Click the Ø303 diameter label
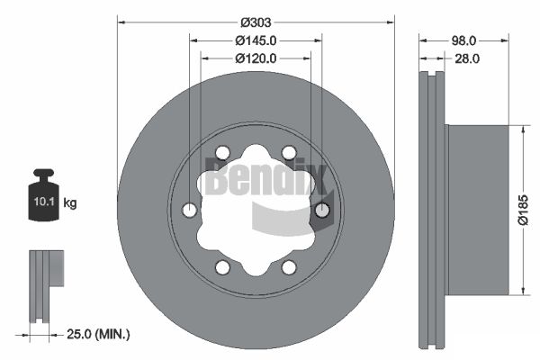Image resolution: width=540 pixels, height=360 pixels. pos(256,22)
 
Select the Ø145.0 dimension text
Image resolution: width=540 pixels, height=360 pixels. pos(256,40)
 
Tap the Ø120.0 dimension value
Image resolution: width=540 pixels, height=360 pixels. pos(256,58)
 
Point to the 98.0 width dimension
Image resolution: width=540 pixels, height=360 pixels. pos(463,40)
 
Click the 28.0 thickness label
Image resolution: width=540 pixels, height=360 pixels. pos(467,58)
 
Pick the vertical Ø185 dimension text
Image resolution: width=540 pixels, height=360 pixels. pos(523,210)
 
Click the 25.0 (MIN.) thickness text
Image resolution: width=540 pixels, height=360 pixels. pos(98,334)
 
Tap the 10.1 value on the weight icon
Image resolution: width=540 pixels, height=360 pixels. pos(44,202)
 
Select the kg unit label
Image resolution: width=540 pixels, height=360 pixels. pos(70,202)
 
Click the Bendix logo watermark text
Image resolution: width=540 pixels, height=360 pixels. pos(265,177)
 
